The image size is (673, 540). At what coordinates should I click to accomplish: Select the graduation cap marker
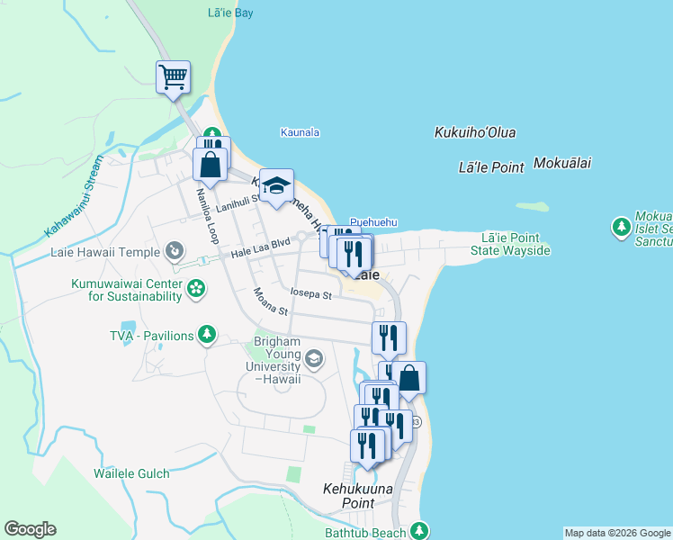click(277, 185)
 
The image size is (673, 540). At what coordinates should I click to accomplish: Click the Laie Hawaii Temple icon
click(175, 249)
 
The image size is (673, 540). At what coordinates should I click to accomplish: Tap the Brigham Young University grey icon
click(313, 360)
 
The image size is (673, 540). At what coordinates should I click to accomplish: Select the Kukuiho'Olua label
click(475, 132)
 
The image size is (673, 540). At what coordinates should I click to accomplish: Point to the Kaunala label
click(300, 132)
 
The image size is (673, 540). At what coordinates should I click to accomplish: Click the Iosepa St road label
click(311, 293)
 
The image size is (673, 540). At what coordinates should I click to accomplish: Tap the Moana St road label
click(270, 301)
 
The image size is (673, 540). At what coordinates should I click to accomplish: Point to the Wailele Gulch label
click(131, 472)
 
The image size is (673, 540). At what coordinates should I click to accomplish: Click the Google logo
click(30, 529)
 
